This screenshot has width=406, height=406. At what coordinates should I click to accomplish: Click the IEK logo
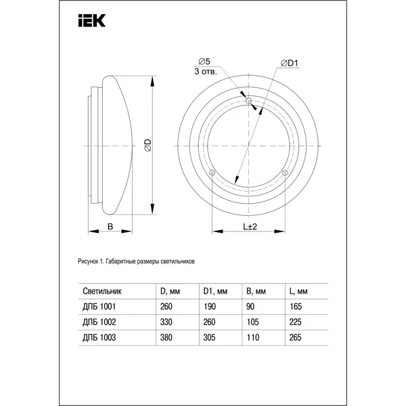click(x=92, y=21)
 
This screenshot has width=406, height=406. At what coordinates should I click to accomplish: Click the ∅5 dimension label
click(x=204, y=62)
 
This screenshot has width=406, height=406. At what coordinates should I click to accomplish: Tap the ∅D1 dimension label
click(x=290, y=63)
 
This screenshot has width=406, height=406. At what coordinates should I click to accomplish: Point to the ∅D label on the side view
click(x=148, y=145)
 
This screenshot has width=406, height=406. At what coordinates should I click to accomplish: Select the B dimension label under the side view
click(x=110, y=227)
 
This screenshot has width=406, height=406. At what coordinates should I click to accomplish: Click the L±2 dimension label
click(x=250, y=227)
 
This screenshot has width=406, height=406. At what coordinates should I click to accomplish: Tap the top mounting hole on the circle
click(x=248, y=100)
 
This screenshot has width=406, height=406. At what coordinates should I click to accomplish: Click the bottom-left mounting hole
click(x=212, y=173)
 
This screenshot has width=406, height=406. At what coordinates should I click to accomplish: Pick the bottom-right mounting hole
click(x=285, y=173)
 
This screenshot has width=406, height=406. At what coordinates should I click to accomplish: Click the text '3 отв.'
click(x=206, y=72)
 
